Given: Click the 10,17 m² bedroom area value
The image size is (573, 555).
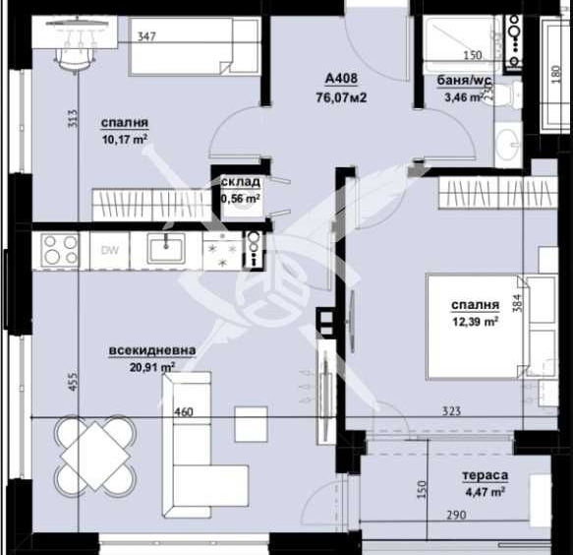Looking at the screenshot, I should [124, 139].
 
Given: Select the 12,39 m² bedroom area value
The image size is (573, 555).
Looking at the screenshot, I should [477, 321].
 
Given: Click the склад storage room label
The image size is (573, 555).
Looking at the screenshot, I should [241, 182].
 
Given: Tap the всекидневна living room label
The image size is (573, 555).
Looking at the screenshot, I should [152, 349].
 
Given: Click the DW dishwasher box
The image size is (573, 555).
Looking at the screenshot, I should [111, 249].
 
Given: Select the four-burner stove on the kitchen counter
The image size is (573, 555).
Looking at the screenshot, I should [60, 249].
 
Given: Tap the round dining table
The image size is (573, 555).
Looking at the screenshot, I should [95, 454].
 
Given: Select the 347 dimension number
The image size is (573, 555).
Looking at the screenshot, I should [147, 38].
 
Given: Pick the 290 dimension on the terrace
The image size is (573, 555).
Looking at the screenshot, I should [455, 515].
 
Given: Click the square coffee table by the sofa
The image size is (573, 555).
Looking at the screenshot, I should [250, 424].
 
